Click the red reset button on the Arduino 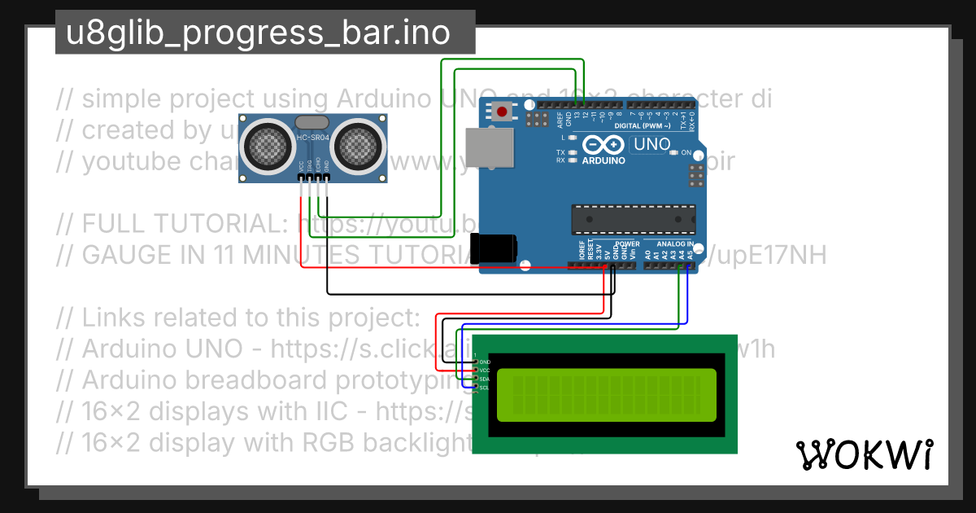pos(502,112)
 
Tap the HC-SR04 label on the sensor pos(313,138)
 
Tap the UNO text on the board pos(651,145)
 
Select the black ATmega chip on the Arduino pos(634,219)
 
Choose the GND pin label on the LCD pos(486,362)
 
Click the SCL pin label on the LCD pos(484,388)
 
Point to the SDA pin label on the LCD pos(485,379)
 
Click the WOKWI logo pos(864,455)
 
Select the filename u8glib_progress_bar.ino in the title pos(258,33)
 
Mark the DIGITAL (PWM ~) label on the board pos(643,126)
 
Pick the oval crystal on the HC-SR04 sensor pos(313,123)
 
